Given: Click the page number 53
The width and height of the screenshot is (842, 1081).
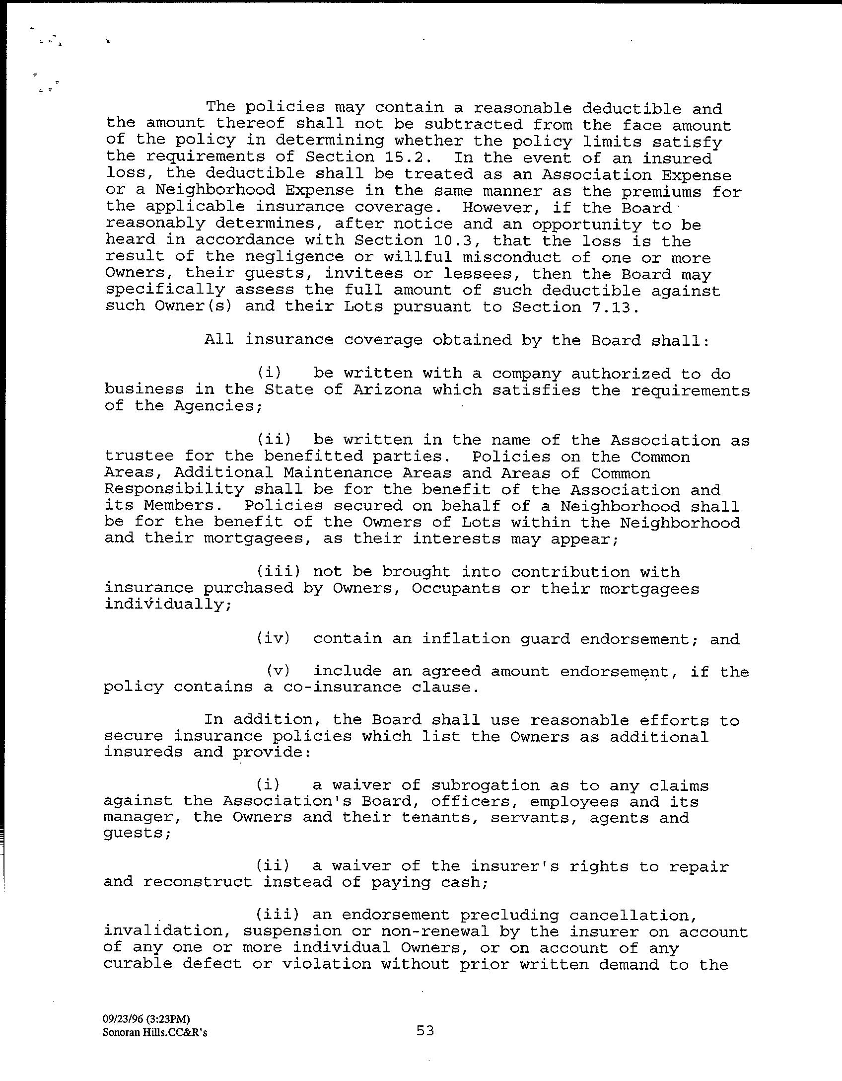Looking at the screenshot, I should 425,1031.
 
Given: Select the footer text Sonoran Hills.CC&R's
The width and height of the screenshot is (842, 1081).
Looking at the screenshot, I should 155,1032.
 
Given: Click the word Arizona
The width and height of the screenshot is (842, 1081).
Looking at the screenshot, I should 387,389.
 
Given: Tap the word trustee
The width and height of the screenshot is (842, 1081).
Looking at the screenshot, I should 139,456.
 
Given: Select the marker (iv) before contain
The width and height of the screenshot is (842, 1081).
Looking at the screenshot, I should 273,638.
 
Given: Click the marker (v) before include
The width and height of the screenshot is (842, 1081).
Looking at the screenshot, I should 278,671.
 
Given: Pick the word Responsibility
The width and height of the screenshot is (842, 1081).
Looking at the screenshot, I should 174,489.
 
